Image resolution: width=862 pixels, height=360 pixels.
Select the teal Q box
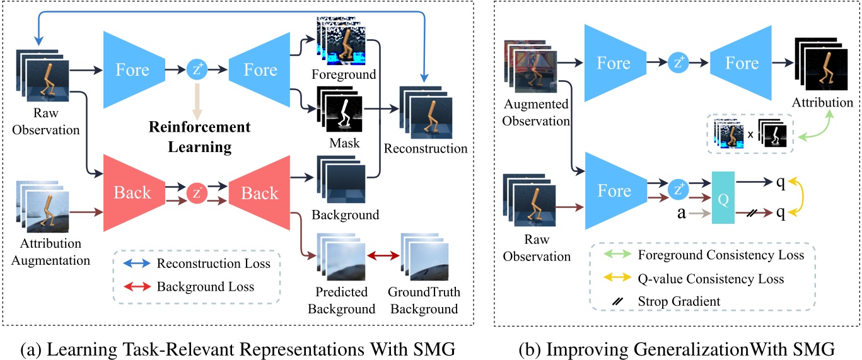click(x=724, y=197)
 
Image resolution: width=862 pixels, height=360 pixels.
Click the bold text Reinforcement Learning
click(x=199, y=137)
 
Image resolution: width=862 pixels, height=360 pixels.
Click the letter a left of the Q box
click(x=682, y=213)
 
